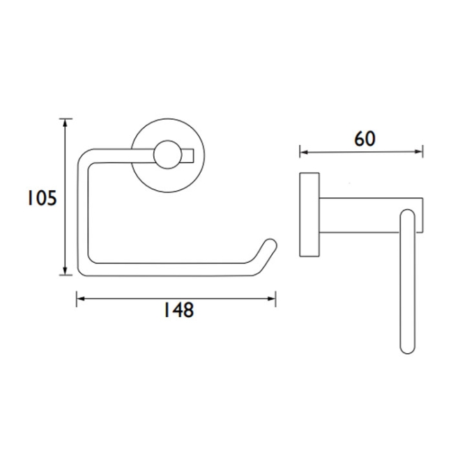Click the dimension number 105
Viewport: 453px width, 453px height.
coord(41,199)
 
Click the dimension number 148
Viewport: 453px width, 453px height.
coord(177,310)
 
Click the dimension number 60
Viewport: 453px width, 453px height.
coord(364,139)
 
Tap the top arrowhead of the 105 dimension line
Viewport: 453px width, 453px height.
coord(66,123)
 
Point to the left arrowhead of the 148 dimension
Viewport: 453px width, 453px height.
coord(79,298)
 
